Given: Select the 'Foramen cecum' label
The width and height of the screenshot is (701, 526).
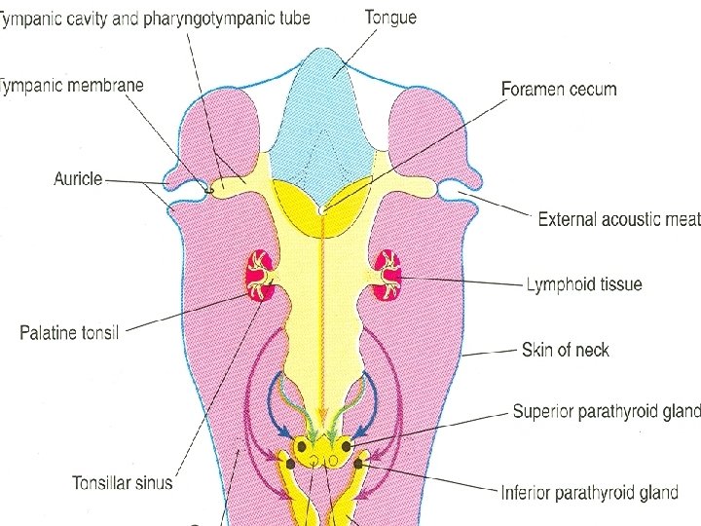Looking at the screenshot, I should (559, 89).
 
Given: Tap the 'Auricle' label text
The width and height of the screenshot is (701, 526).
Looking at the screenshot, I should (78, 179).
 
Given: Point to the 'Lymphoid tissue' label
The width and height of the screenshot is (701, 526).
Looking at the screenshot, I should (583, 284).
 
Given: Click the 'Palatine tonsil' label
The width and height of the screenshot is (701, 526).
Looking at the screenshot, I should (69, 333).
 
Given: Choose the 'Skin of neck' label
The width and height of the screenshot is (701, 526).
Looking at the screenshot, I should (566, 349).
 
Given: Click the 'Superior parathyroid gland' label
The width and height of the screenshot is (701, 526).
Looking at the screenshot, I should (606, 412).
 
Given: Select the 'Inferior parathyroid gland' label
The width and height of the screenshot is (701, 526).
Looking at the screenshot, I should (589, 492).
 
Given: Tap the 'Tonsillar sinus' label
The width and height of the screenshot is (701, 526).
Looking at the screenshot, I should (123, 482).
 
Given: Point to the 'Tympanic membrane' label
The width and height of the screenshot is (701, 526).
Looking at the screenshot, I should (72, 85).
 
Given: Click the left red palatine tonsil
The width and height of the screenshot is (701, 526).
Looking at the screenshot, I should (260, 276).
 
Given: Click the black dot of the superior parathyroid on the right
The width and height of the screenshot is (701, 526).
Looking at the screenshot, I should (346, 446).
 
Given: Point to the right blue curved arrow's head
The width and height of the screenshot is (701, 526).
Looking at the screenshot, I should (361, 435).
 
